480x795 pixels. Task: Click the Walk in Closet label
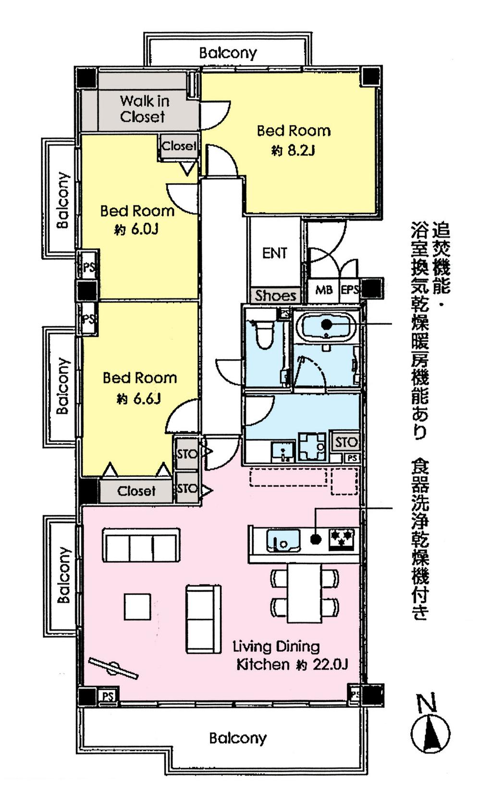(x=143, y=109)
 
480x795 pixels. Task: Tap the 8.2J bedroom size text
(x=294, y=151)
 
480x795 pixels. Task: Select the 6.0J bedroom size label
(x=136, y=230)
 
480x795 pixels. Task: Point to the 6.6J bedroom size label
(x=138, y=398)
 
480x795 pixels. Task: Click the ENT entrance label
(x=274, y=253)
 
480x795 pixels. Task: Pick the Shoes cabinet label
(x=275, y=295)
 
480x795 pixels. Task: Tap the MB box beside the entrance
(x=323, y=290)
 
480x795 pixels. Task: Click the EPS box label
(x=349, y=290)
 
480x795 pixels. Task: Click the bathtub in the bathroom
(x=327, y=325)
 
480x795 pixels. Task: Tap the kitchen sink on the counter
(x=283, y=539)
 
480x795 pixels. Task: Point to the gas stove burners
(x=342, y=538)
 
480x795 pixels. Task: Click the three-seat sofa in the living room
(x=141, y=545)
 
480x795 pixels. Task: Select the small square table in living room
(x=137, y=607)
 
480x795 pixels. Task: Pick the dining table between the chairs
(x=304, y=594)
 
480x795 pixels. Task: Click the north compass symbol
(x=430, y=733)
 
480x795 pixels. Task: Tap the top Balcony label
(x=228, y=52)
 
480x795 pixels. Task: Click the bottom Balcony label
(x=237, y=737)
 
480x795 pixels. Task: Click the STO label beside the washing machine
(x=345, y=442)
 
